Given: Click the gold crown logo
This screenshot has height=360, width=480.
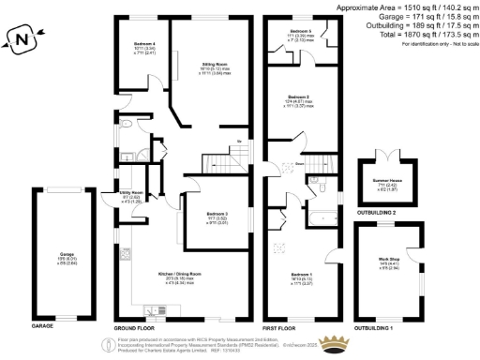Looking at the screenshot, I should point(336,340).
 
